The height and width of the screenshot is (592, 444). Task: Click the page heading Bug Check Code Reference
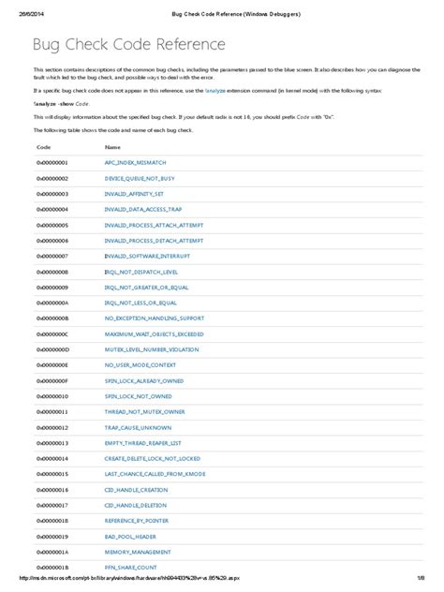point(129,44)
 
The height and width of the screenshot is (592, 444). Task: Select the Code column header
point(43,147)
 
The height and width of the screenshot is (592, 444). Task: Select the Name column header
point(112,147)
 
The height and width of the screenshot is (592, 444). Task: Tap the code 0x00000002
point(52,178)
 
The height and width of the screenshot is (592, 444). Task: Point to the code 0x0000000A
point(52,303)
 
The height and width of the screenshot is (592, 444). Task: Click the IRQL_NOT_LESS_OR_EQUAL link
point(141,303)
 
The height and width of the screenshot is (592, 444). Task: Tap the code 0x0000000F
point(52,380)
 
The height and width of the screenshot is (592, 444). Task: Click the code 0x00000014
point(52,458)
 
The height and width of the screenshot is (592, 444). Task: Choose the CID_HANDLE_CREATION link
point(137,489)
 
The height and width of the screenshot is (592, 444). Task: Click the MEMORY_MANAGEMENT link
point(138,552)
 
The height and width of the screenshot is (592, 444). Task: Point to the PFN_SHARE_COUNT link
point(131,567)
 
